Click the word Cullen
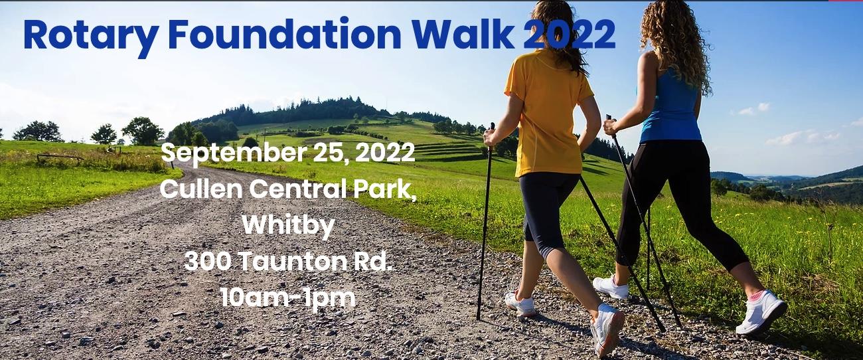[x=201, y=189]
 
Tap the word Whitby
[x=288, y=225]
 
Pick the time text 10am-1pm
[x=288, y=299]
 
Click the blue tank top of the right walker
[x=672, y=106]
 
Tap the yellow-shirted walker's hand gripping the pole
[x=489, y=138]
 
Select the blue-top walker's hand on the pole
[x=611, y=127]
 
